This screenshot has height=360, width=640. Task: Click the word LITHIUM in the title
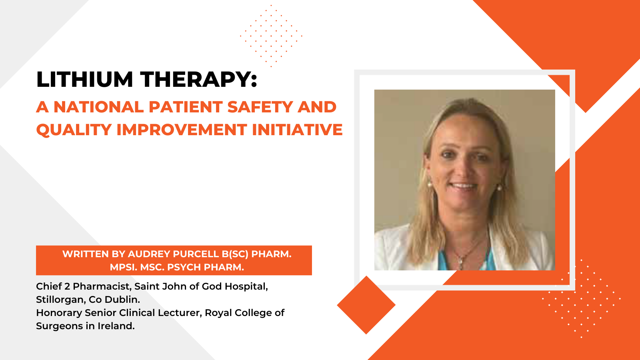click(x=84, y=79)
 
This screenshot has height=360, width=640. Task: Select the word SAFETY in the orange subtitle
click(x=260, y=107)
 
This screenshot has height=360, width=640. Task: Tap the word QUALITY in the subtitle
click(x=74, y=130)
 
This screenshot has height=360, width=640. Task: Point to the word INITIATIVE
click(x=297, y=130)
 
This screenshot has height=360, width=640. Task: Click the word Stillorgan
click(x=61, y=300)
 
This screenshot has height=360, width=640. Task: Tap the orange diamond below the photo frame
click(x=366, y=305)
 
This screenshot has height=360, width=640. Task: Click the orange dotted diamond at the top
click(x=271, y=36)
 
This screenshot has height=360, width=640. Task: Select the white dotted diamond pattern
click(x=582, y=298)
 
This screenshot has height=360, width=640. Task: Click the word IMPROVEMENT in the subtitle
click(x=182, y=130)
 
